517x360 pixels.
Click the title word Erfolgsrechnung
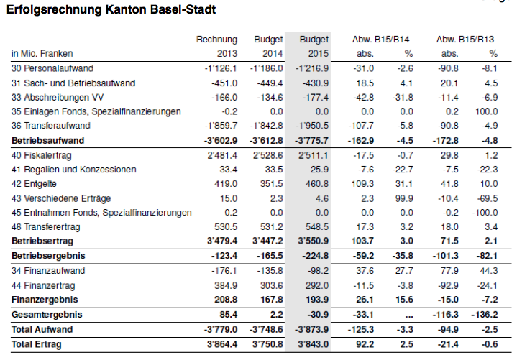point(55,10)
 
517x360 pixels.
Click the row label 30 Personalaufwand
point(52,68)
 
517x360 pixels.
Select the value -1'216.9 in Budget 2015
point(312,68)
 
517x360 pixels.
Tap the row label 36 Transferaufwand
point(51,126)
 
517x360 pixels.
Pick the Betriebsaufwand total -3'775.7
point(311,141)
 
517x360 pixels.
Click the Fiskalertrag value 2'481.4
point(222,155)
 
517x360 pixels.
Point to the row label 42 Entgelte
point(34,184)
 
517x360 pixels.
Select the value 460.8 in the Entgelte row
point(317,184)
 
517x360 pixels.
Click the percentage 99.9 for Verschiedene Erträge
point(404,198)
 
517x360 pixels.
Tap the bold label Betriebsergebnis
point(48,256)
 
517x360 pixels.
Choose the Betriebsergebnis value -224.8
point(315,256)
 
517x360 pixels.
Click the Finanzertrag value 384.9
point(226,285)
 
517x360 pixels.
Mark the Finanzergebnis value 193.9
point(317,300)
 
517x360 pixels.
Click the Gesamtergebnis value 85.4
point(229,315)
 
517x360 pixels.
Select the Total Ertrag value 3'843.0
point(314,344)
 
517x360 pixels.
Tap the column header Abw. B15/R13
point(465,40)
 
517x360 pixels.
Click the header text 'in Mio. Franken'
point(42,54)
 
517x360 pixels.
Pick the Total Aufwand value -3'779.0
point(221,330)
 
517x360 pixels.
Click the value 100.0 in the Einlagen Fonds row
point(486,111)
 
